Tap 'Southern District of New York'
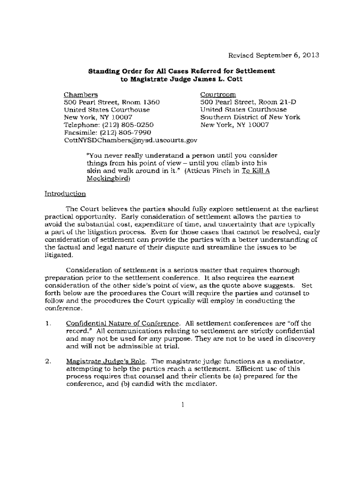(250, 117)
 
